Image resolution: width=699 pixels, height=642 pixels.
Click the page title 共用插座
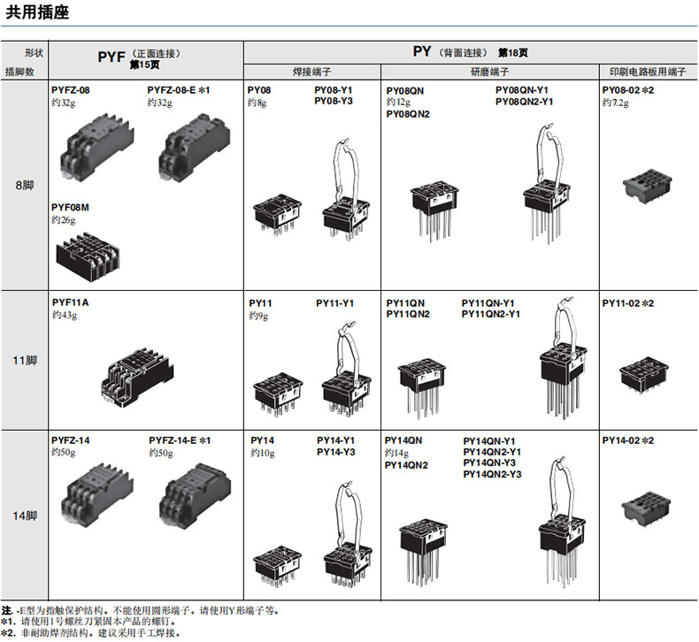(37, 12)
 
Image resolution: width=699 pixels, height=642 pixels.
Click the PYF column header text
(111, 57)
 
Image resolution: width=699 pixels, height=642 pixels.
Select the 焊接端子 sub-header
(312, 72)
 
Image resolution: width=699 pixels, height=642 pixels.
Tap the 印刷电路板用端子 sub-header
(648, 72)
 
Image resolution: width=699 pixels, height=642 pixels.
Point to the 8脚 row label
(25, 185)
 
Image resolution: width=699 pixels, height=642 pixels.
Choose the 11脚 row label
(25, 360)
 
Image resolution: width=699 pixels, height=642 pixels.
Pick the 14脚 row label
(25, 516)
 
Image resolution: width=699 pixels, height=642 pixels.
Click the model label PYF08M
(71, 208)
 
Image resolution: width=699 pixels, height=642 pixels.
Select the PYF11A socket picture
(137, 377)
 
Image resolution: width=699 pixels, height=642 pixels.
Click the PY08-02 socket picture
(648, 186)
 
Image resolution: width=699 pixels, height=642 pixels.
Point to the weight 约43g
(65, 315)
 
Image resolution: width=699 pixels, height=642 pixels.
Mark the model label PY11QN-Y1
(488, 303)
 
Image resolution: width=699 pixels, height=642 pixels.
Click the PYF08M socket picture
(88, 256)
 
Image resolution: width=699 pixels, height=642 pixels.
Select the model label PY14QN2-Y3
(492, 474)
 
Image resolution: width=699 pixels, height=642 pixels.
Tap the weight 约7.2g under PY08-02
(616, 103)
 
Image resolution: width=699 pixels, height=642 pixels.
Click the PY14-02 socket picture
(647, 508)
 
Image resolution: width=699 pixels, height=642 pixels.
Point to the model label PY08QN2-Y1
(524, 102)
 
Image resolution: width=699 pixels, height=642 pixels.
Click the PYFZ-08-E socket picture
(195, 148)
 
